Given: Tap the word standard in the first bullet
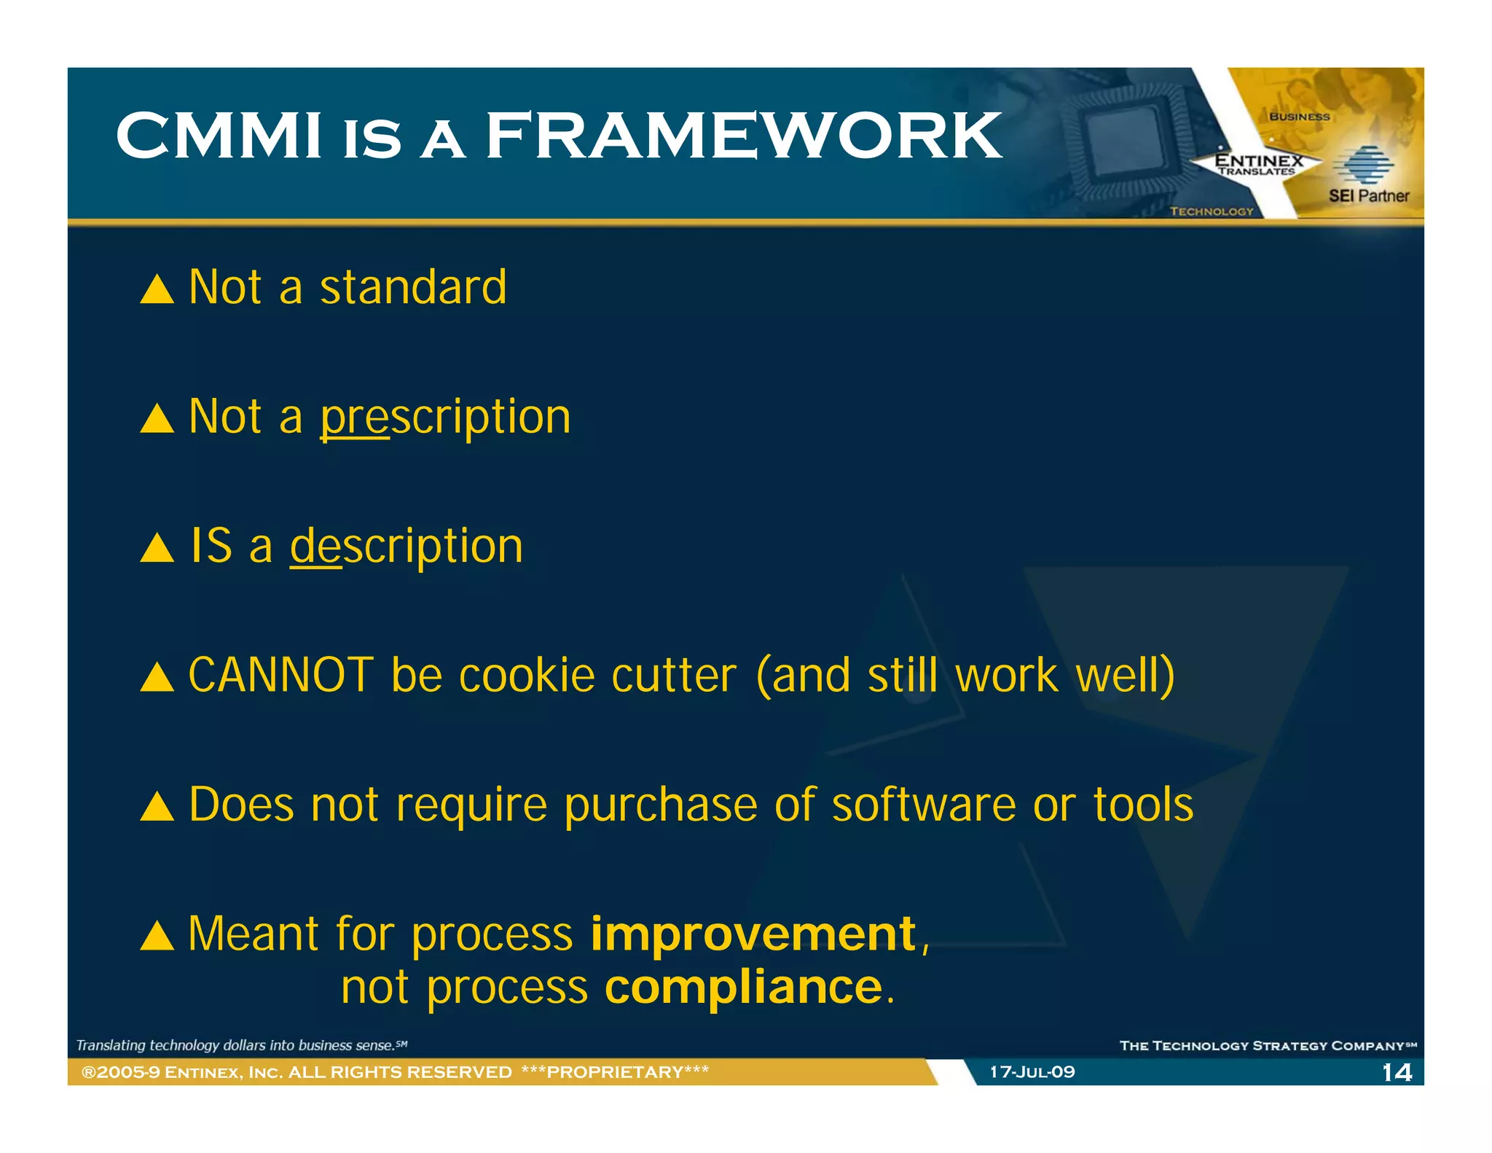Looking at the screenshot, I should [413, 287].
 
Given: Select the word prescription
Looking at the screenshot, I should [445, 417].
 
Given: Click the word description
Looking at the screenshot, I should [407, 546].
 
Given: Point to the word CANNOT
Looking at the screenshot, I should [280, 675].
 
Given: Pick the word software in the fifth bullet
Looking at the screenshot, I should [923, 805].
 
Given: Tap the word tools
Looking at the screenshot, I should [1143, 805].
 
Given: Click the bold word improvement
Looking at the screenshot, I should [753, 934].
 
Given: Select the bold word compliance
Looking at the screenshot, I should [743, 988].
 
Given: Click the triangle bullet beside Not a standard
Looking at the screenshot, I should [157, 289].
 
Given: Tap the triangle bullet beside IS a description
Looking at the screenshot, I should [157, 548].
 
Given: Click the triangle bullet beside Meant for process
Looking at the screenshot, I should [157, 936].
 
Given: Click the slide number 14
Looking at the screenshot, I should [1397, 1072].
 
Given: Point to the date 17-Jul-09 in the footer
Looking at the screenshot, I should [1032, 1072].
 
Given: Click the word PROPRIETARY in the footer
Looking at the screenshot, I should [615, 1072].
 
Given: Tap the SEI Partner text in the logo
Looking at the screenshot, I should [1368, 195].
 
